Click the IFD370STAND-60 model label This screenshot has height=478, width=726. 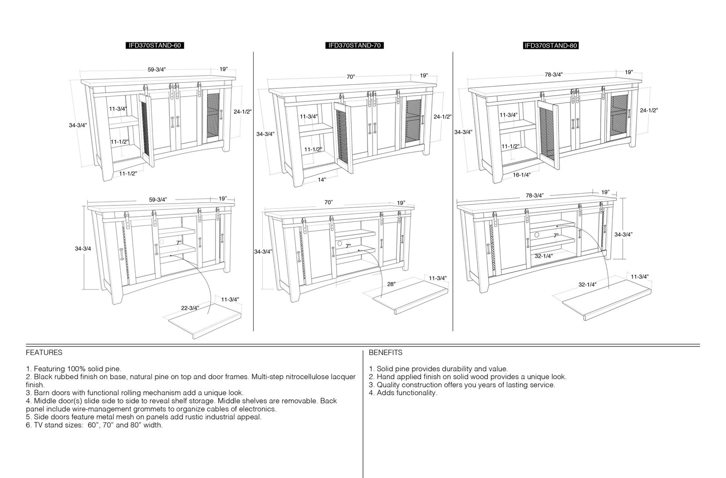(x=155, y=45)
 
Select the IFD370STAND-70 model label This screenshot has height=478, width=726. (x=354, y=45)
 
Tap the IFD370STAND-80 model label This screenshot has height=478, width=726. (x=551, y=45)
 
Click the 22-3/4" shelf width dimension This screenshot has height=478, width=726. (x=190, y=307)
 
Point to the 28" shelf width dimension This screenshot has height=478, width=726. (x=391, y=284)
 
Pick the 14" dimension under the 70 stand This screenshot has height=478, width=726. (x=322, y=180)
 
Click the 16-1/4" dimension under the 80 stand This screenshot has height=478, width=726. (x=521, y=175)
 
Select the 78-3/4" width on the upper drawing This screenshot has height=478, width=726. (x=554, y=74)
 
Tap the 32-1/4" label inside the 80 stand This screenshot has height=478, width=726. (x=544, y=256)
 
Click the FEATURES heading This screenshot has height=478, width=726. (x=44, y=352)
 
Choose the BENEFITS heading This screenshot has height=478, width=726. (x=385, y=352)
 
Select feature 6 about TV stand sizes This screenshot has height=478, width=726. (x=94, y=425)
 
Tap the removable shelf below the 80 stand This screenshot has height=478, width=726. (x=606, y=300)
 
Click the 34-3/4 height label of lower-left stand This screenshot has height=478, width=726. (x=83, y=249)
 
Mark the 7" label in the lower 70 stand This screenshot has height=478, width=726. (x=348, y=246)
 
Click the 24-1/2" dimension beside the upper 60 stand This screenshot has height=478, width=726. (x=242, y=112)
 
